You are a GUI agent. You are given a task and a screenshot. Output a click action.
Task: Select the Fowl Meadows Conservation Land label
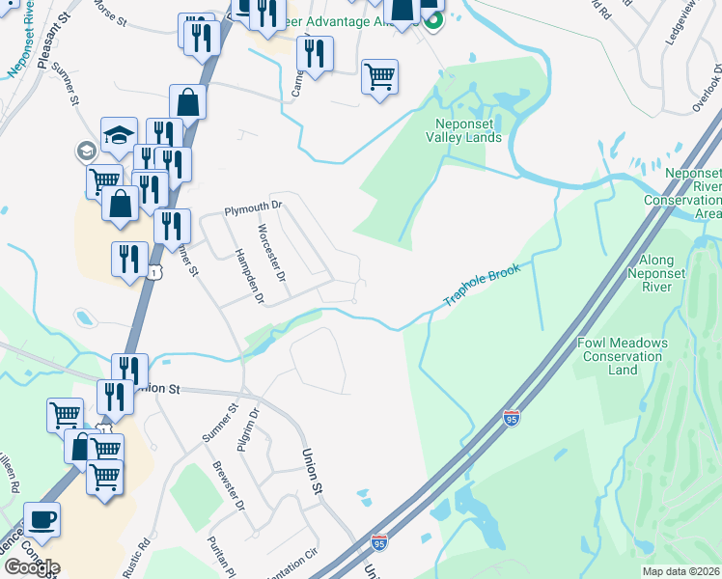pos(623,356)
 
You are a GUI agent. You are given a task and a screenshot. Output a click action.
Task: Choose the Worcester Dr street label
pos(272,254)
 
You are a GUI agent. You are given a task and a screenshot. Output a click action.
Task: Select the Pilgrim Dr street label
pos(254,426)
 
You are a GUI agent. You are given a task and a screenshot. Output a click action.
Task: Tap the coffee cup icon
pos(42,519)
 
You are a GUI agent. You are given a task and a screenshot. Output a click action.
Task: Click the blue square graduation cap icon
pos(119,136)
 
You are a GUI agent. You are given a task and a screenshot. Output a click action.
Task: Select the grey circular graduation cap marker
pos(85,151)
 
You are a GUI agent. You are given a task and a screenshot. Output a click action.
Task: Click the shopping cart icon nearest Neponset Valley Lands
pos(379,76)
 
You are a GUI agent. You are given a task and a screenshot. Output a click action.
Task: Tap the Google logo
pos(31,566)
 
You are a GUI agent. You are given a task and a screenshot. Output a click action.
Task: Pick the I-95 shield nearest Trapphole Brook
pos(512,418)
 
